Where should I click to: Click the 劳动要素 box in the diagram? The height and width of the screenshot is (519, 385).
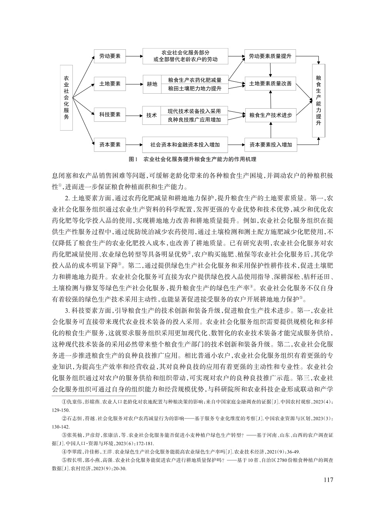pyautogui.click(x=110, y=56)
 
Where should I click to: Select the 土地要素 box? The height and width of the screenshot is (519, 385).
pyautogui.click(x=110, y=83)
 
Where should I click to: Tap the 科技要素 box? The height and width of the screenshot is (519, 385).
pyautogui.click(x=110, y=114)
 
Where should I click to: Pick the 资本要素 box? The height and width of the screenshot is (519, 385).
pyautogui.click(x=110, y=145)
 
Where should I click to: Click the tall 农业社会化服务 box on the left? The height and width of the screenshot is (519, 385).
pyautogui.click(x=66, y=97)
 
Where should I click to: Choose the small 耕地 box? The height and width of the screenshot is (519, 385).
pyautogui.click(x=152, y=84)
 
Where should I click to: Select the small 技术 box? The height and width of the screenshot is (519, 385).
pyautogui.click(x=152, y=115)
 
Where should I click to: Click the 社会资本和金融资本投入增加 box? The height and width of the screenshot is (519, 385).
pyautogui.click(x=185, y=145)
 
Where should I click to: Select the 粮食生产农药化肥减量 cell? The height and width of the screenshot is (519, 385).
pyautogui.click(x=194, y=80)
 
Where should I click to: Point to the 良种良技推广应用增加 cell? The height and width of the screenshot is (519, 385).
pyautogui.click(x=194, y=120)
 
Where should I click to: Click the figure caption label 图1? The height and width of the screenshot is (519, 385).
pyautogui.click(x=133, y=159)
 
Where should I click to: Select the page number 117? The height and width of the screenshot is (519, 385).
pyautogui.click(x=328, y=480)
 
